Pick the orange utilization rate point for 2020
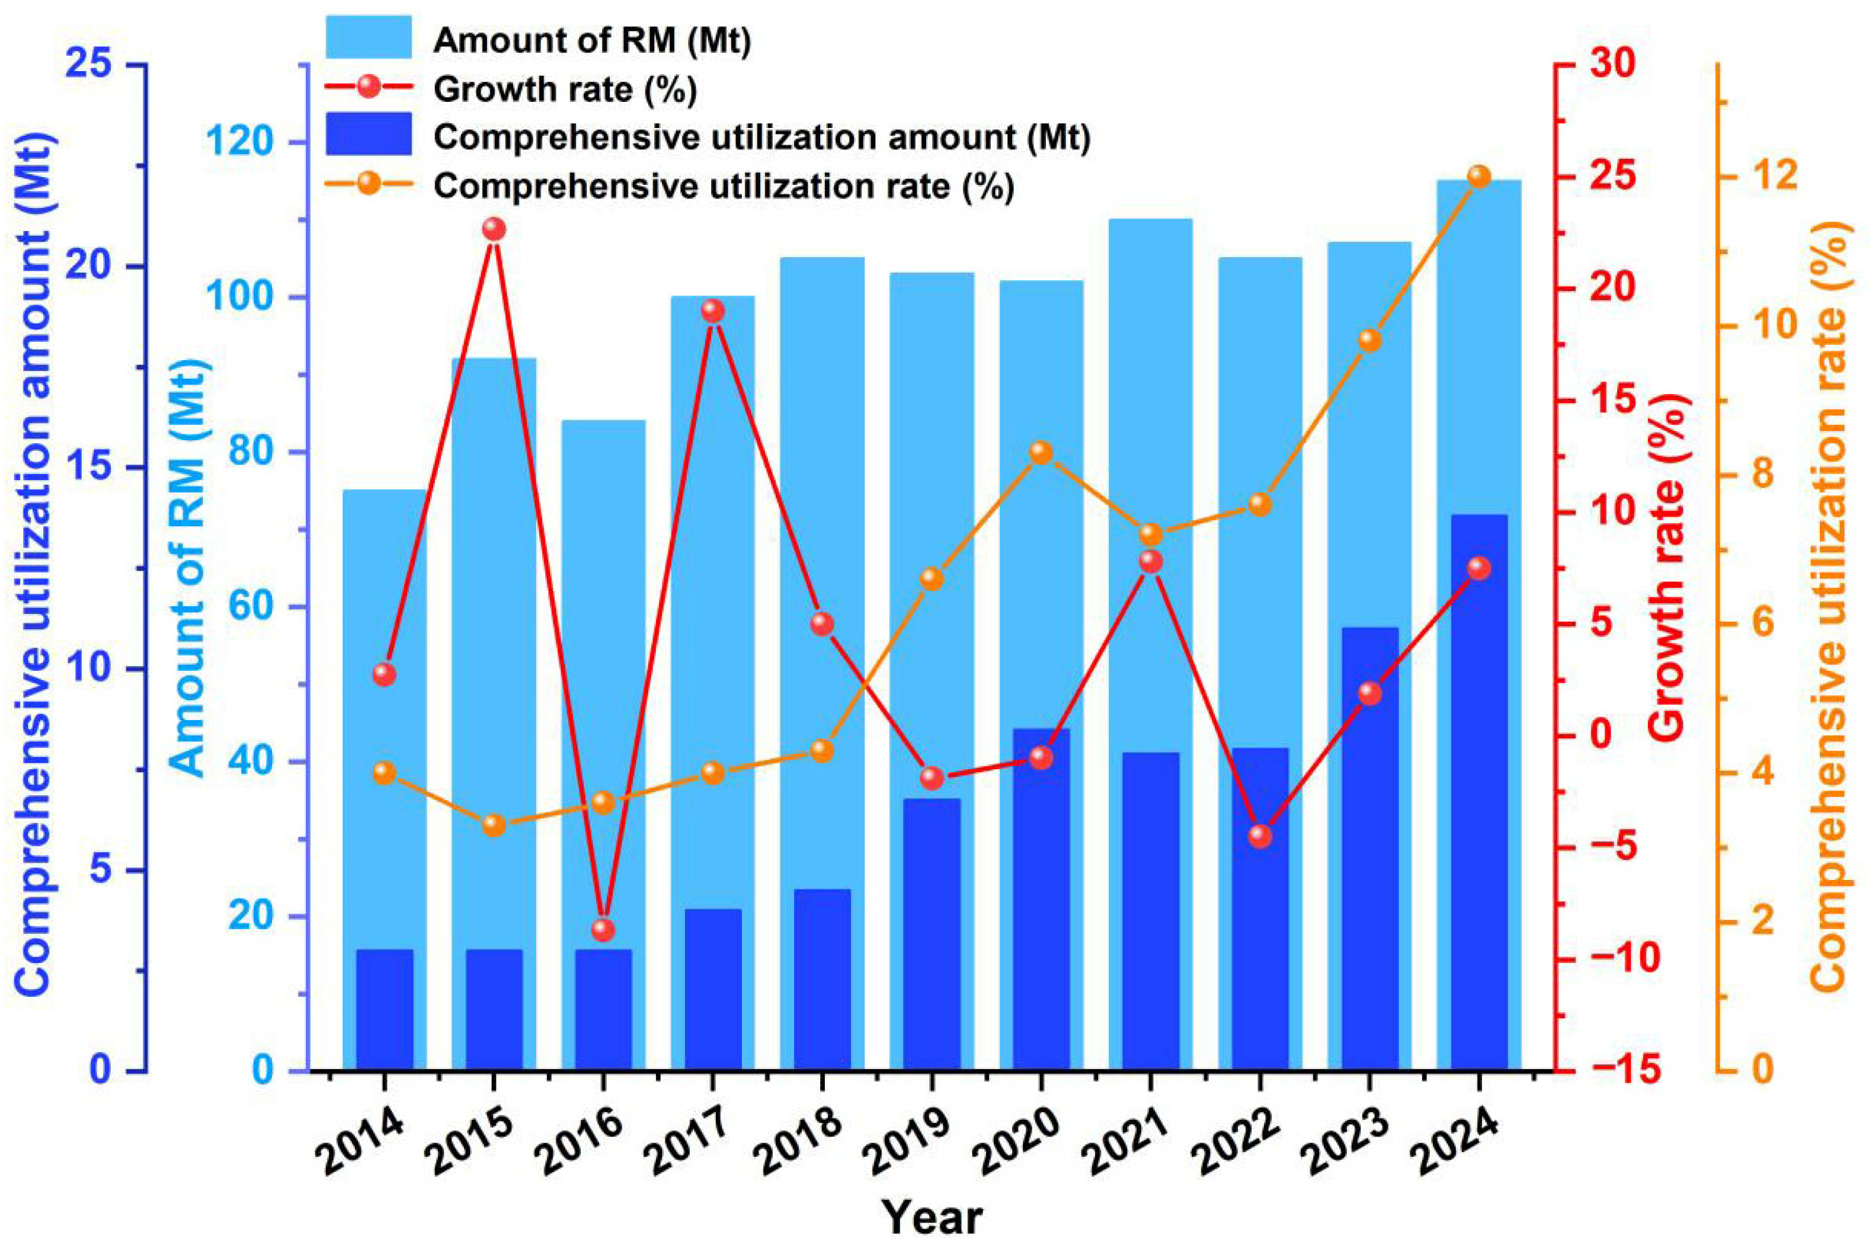click(1041, 452)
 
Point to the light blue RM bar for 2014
click(385, 780)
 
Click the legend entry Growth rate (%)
click(565, 89)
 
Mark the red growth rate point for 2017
click(713, 311)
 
